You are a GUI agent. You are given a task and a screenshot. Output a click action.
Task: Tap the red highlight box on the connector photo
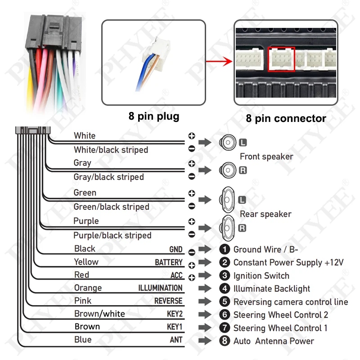click(281, 59)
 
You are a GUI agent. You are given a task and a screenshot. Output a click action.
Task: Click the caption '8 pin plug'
click(153, 116)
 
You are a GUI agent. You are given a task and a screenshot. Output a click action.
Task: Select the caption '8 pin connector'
click(286, 119)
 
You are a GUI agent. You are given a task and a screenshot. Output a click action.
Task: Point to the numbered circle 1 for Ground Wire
click(225, 250)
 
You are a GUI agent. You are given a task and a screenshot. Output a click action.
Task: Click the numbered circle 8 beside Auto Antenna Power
click(225, 341)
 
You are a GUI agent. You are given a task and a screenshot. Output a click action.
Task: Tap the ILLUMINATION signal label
click(160, 288)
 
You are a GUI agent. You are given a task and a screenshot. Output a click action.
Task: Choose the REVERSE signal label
click(168, 301)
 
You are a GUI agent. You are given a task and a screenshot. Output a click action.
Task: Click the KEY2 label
click(175, 314)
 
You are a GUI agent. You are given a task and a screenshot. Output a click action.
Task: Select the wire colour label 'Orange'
click(88, 288)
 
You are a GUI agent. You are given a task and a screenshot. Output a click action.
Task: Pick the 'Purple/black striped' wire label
click(112, 235)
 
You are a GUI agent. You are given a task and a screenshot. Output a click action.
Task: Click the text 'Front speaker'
click(266, 157)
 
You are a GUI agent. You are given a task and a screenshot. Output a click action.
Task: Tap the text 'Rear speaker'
click(265, 214)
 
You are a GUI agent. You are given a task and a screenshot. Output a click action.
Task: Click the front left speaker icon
click(228, 143)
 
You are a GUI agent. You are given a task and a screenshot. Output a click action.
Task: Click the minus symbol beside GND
click(192, 252)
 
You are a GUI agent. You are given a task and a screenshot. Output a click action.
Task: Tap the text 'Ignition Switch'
click(261, 276)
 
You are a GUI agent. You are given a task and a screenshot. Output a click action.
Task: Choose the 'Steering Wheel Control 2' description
click(280, 315)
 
